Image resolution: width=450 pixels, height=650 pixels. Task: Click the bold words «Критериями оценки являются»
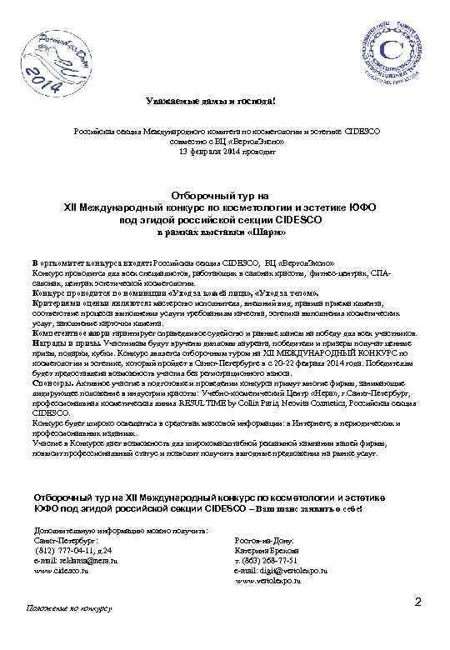click(73, 304)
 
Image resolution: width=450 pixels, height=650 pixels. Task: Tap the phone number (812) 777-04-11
click(68, 550)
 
